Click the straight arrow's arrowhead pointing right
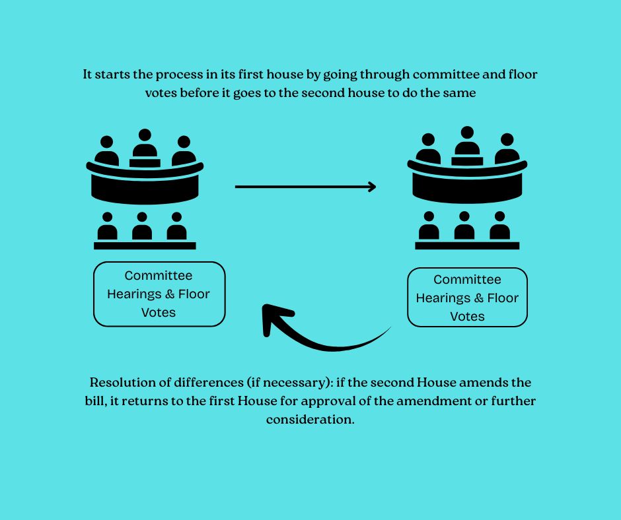coord(372,187)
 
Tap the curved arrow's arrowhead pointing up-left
coord(271,316)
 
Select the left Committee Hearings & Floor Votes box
coord(159,294)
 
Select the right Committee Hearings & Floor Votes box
coord(467,298)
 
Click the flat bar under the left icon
coord(145,245)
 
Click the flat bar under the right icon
coord(467,245)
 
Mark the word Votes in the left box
coord(159,312)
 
